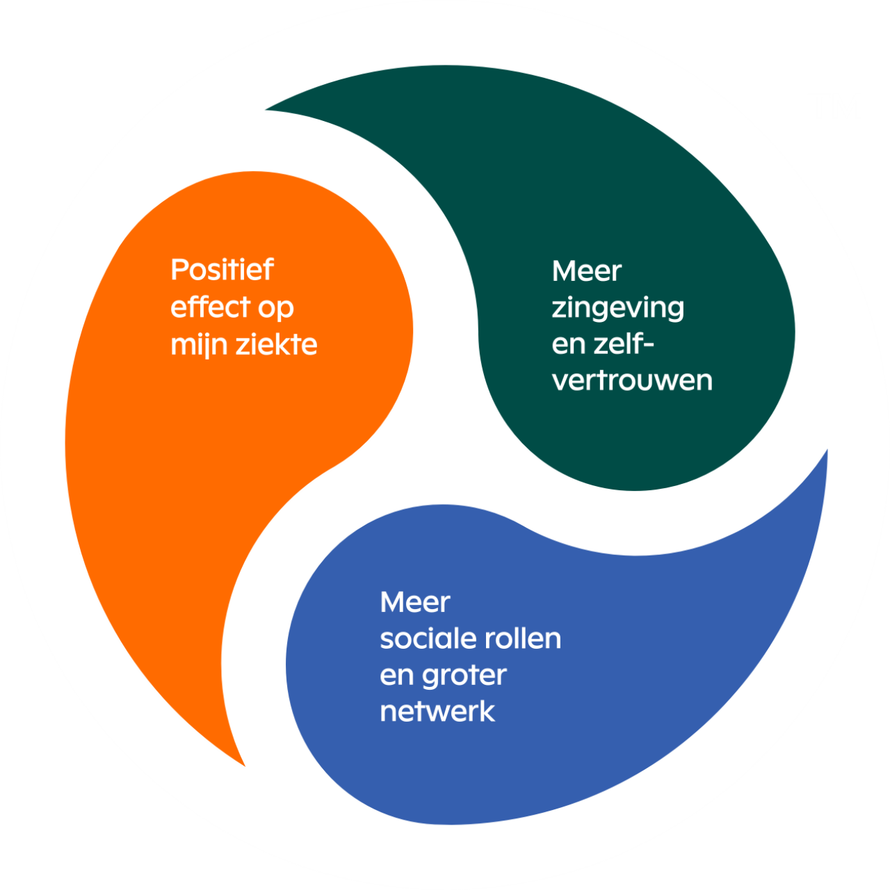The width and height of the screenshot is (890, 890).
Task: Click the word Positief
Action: [x=222, y=270]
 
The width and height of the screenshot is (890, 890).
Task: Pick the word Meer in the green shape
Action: [x=586, y=271]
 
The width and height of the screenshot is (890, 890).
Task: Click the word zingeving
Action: [x=617, y=308]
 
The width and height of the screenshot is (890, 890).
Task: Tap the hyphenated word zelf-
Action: [x=621, y=344]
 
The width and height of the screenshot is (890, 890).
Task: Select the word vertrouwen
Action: [x=632, y=381]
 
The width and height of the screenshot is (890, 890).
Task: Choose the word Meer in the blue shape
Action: [x=415, y=602]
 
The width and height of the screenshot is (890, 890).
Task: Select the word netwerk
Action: [x=437, y=711]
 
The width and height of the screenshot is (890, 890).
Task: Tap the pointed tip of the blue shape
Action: [x=826, y=453]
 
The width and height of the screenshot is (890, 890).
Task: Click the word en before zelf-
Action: [x=569, y=345]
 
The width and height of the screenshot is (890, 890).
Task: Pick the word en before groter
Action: [x=397, y=676]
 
